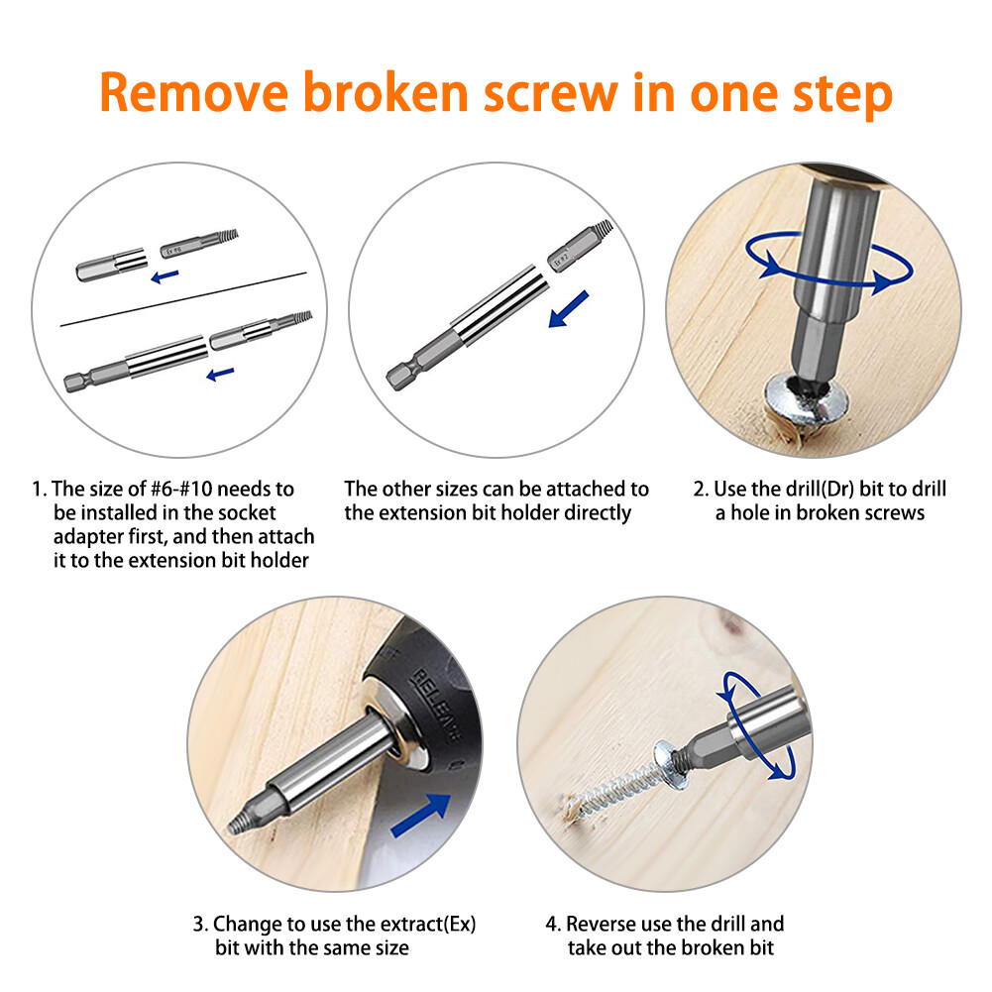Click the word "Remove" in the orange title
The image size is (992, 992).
193,92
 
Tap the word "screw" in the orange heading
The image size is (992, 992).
550,92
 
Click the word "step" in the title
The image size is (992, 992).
842,95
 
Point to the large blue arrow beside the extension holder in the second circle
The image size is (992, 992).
568,309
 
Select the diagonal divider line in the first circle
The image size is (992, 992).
183,299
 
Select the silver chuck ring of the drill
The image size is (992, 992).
396,721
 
